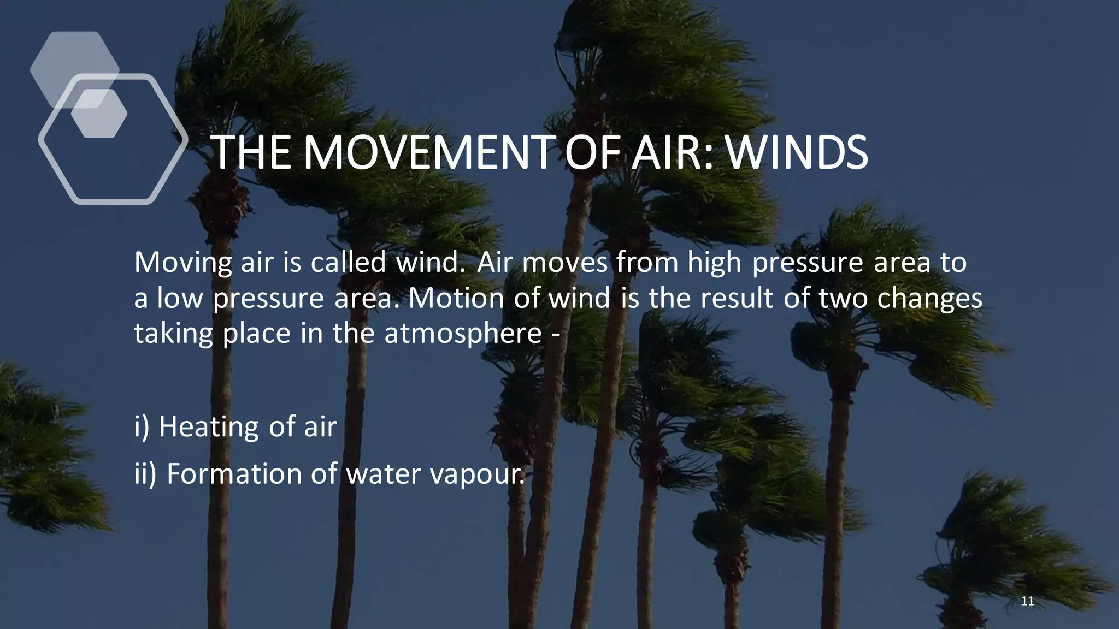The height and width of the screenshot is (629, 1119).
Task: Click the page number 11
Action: [x=1027, y=601]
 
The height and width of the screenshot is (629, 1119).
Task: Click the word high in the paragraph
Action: [x=714, y=262]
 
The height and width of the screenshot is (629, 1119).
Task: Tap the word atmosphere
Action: [x=463, y=333]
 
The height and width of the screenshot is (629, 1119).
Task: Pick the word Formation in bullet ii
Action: [x=233, y=473]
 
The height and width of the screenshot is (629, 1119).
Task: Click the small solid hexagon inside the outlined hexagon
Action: [x=99, y=114]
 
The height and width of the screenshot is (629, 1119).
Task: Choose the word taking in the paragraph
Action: [x=173, y=334]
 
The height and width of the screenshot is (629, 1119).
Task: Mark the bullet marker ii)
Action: [x=145, y=473]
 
